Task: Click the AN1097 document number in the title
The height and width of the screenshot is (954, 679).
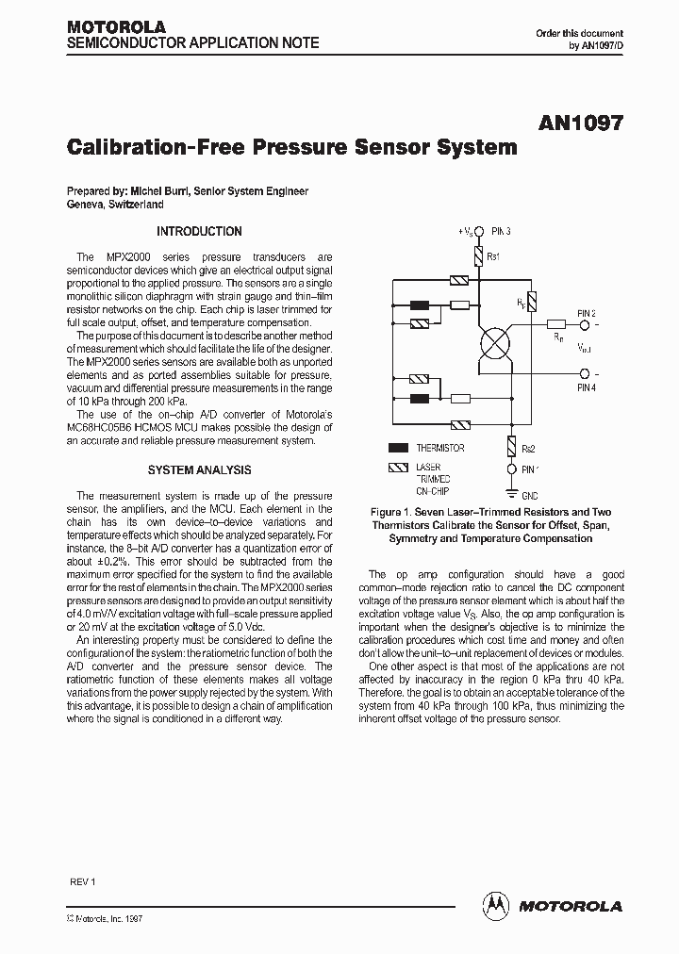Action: pos(582,123)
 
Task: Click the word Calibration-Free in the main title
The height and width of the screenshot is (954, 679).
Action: pos(155,148)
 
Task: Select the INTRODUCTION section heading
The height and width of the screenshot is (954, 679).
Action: pos(199,231)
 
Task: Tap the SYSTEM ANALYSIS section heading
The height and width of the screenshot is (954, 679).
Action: pos(199,469)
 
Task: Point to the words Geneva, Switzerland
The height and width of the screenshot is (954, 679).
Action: pos(115,204)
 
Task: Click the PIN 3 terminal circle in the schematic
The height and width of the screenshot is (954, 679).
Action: pos(478,231)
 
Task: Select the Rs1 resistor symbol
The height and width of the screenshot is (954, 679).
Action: pos(478,257)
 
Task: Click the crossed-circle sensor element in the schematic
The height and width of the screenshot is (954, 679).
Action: pos(495,345)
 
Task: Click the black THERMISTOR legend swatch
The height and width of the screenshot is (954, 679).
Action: pos(398,449)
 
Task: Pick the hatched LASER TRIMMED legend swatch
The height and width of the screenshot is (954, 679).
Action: pos(398,468)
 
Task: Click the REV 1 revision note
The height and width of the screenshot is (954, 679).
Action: pos(83,881)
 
